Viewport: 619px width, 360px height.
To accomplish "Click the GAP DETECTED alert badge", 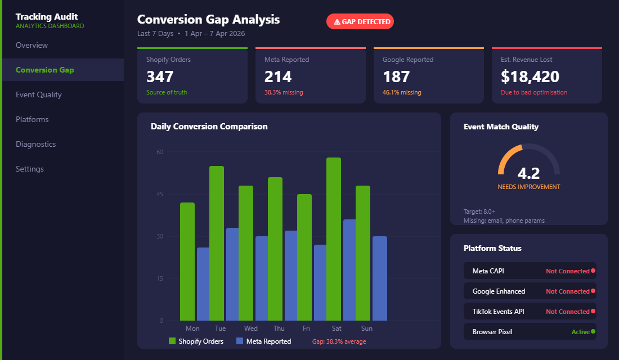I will [x=360, y=21].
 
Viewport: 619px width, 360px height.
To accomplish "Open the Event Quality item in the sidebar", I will [x=39, y=94].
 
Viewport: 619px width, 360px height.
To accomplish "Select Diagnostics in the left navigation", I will [x=35, y=144].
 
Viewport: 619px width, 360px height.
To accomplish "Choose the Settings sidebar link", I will [x=30, y=169].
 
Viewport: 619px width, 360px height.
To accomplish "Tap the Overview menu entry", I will [x=32, y=45].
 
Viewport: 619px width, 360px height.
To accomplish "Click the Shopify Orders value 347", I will [x=160, y=76].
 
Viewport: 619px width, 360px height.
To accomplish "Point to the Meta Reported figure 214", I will [x=278, y=76].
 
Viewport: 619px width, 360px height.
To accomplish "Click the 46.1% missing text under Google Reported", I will [x=402, y=92].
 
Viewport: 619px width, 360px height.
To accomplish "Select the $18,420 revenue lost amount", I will [x=530, y=76].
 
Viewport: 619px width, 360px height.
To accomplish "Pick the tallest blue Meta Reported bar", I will [x=349, y=270].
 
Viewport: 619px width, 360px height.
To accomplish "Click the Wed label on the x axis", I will [x=251, y=328].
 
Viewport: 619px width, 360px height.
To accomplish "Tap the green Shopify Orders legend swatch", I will [x=172, y=341].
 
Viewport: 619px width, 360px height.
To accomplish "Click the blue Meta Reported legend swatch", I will [x=240, y=341].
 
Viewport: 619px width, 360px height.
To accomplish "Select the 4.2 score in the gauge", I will [x=528, y=173].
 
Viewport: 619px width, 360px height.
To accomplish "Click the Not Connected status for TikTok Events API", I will [x=567, y=312].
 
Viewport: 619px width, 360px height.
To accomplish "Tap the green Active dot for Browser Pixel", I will [x=593, y=331].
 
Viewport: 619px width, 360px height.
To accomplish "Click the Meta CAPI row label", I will [x=488, y=271].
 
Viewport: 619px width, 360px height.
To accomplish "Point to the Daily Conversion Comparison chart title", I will [x=209, y=127].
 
